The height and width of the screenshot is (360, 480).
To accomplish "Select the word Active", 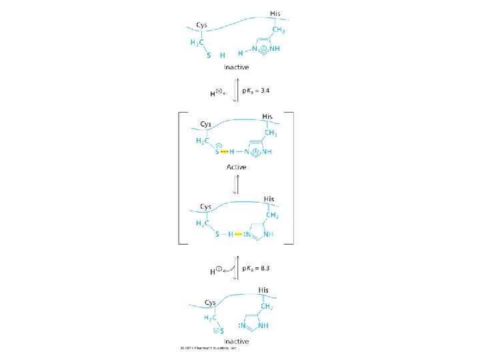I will (x=237, y=167).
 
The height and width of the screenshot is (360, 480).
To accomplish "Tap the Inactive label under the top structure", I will (x=236, y=67).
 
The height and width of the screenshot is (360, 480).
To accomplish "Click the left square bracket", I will (x=177, y=178).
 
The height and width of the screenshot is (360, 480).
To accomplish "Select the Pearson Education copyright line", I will (x=209, y=347).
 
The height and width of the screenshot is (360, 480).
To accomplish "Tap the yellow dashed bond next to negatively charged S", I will (x=224, y=152).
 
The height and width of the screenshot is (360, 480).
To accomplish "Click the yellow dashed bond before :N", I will (x=238, y=234).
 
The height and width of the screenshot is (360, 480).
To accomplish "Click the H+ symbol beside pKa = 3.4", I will (x=215, y=93).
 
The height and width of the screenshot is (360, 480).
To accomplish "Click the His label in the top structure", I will (x=275, y=14).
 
